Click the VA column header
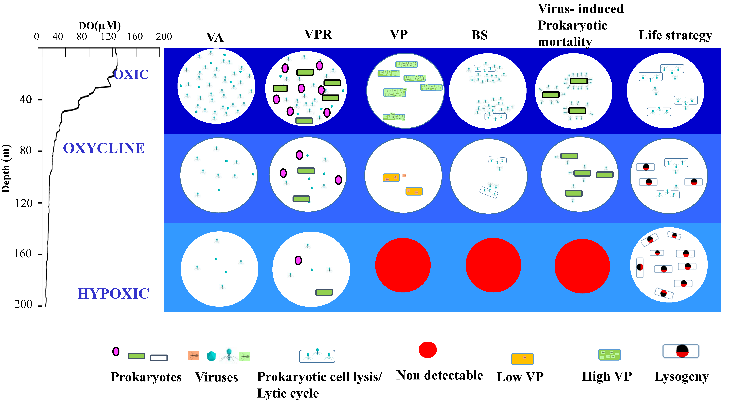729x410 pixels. [215, 37]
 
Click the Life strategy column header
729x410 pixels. [675, 35]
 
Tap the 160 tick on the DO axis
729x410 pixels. [135, 37]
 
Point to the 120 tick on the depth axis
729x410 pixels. [24, 203]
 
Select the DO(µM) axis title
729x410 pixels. [100, 26]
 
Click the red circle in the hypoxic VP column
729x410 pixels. [403, 265]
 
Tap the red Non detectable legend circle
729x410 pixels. [427, 350]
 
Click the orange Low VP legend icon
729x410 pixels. [522, 359]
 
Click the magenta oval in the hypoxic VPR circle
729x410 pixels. [298, 260]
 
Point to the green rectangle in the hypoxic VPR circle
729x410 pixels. [324, 292]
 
